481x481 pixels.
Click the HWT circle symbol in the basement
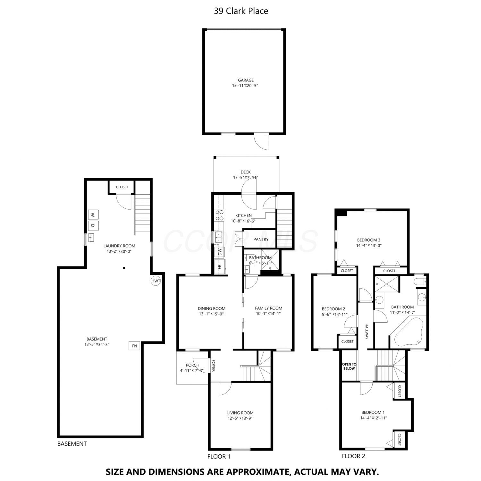point(156,281)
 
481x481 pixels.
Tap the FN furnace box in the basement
point(134,346)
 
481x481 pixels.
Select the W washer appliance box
point(93,215)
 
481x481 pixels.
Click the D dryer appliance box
point(93,226)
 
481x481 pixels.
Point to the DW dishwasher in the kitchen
point(220,252)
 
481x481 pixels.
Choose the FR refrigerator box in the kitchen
point(220,266)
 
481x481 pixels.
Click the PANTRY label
point(261,239)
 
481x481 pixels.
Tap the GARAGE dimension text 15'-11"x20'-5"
point(245,86)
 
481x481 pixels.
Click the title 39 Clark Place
point(241,11)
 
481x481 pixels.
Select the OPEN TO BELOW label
point(349,366)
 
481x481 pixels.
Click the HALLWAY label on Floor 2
point(367,331)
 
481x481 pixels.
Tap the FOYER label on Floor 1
point(213,366)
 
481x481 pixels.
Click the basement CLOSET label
point(122,187)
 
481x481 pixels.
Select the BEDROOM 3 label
point(369,240)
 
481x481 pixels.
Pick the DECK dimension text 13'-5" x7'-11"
point(246,177)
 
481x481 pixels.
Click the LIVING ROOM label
point(240,413)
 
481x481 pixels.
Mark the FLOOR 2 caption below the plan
point(353,456)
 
